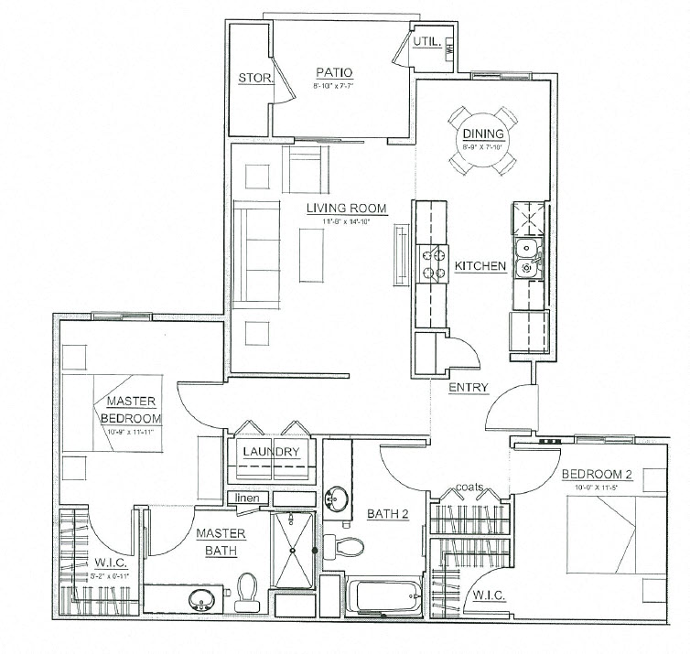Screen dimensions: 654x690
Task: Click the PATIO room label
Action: (335, 73)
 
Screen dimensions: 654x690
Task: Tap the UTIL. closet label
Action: (428, 42)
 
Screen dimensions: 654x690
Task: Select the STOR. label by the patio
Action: (255, 79)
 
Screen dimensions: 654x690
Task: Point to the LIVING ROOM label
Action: (346, 208)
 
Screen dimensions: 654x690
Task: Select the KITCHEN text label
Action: (480, 266)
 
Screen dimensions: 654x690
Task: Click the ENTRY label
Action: (467, 387)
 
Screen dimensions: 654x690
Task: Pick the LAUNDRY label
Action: (270, 453)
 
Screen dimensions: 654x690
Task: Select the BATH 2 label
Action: (388, 515)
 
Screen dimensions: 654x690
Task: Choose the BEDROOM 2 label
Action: (595, 476)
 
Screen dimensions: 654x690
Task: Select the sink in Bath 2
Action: (337, 499)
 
